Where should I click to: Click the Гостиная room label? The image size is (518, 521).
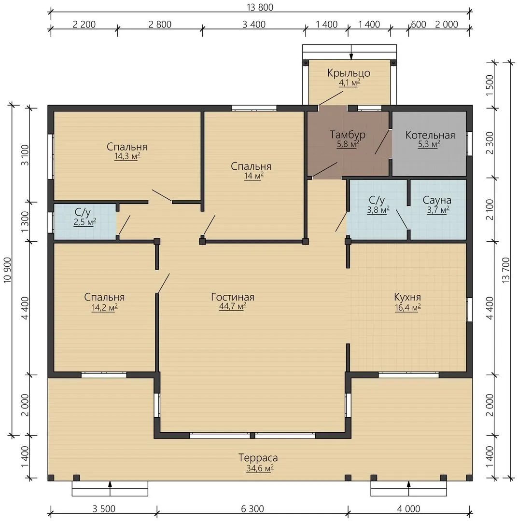[232, 297]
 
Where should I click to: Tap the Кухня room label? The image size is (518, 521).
[407, 297]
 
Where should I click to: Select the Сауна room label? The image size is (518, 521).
[437, 200]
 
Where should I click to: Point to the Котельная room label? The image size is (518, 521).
[430, 135]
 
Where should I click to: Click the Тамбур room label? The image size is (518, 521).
[348, 135]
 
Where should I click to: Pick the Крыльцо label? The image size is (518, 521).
[349, 73]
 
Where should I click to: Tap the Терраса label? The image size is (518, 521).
[258, 457]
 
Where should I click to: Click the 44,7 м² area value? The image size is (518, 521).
[232, 306]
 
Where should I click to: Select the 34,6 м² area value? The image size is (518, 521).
[260, 468]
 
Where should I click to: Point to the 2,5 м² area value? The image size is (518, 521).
[85, 222]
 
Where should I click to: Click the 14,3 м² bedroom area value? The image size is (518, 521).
[127, 156]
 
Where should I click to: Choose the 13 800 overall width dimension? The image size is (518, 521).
[260, 7]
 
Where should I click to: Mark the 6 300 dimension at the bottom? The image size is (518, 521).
[252, 509]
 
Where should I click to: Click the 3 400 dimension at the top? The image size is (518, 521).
[253, 25]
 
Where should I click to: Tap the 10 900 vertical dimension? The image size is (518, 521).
[7, 270]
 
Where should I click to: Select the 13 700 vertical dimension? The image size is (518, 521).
[506, 270]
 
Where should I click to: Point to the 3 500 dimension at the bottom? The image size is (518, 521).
[104, 509]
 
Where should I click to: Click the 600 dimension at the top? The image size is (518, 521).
[419, 25]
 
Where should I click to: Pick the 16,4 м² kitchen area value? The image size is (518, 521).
[407, 308]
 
